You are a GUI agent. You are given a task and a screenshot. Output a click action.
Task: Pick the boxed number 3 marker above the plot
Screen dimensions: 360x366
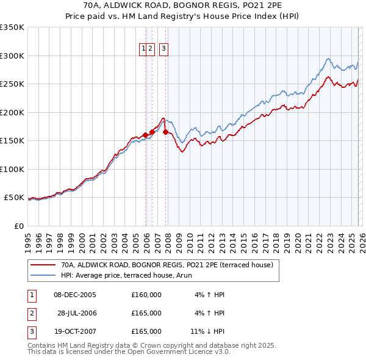click(164, 50)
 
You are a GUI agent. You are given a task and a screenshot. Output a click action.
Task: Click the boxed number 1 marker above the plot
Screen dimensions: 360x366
click(143, 50)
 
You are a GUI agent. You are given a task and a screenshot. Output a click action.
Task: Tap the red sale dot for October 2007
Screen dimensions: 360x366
click(165, 132)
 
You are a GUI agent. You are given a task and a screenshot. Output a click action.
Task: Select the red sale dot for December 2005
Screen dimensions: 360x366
click(145, 135)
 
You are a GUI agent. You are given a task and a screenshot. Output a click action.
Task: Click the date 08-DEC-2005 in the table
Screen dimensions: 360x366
click(75, 295)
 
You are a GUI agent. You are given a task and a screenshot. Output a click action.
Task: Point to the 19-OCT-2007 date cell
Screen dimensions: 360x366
click(75, 331)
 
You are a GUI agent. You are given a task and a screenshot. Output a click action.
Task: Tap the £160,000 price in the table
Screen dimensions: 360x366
click(146, 295)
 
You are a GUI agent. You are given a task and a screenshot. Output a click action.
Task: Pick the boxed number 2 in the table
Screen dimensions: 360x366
click(30, 313)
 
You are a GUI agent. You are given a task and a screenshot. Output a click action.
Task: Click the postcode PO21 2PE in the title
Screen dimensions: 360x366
click(244, 5)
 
